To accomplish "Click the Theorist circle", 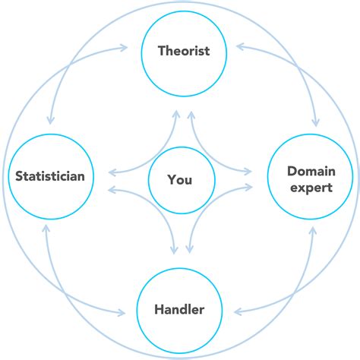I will click(x=182, y=52).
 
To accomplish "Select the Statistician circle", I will click(x=50, y=177).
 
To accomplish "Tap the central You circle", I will click(x=180, y=180).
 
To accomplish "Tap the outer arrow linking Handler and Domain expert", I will click(x=292, y=285).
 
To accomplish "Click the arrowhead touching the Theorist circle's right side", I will click(x=238, y=48).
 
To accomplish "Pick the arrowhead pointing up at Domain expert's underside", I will click(x=312, y=230).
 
